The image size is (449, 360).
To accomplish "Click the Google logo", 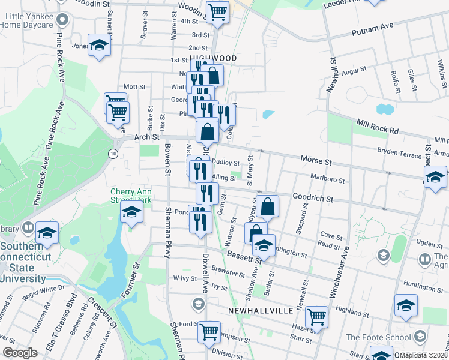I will click(x=20, y=353).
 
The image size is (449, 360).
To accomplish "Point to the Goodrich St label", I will click(x=313, y=196).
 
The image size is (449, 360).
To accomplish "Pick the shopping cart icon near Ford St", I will click(x=209, y=330).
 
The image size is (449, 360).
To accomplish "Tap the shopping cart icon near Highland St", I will click(x=316, y=316).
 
